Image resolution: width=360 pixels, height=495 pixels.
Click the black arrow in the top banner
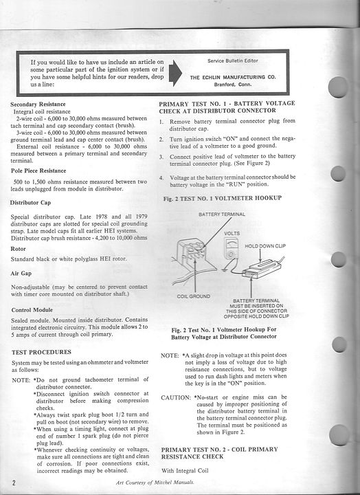pyautogui.click(x=175, y=73)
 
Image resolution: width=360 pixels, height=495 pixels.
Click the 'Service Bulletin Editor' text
pyautogui.click(x=232, y=60)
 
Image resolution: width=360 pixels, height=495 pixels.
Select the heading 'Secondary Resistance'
pyautogui.click(x=38, y=104)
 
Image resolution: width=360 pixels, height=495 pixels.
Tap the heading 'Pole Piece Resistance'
pyautogui.click(x=38, y=170)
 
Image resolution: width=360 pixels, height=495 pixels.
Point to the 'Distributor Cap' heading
pyautogui.click(x=30, y=203)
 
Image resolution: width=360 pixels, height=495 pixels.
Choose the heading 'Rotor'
pyautogui.click(x=18, y=249)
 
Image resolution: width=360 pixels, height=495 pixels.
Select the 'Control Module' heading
pyautogui.click(x=32, y=310)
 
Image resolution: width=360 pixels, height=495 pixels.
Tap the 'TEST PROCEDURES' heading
pyautogui.click(x=41, y=352)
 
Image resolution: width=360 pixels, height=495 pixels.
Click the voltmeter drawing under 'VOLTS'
pyautogui.click(x=231, y=248)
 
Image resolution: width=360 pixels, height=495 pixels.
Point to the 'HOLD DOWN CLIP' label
pyautogui.click(x=265, y=246)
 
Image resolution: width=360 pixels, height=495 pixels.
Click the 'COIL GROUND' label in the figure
pyautogui.click(x=194, y=296)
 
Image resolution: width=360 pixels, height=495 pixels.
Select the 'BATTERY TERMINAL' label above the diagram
pyautogui.click(x=222, y=214)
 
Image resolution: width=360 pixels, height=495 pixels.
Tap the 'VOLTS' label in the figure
pyautogui.click(x=232, y=233)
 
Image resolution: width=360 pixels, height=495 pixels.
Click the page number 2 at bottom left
pyautogui.click(x=14, y=483)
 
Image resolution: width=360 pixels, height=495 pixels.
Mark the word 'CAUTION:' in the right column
pyautogui.click(x=176, y=398)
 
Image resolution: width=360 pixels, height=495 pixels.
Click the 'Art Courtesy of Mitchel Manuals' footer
pyautogui.click(x=155, y=483)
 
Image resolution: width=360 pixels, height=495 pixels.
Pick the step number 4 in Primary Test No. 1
pyautogui.click(x=161, y=178)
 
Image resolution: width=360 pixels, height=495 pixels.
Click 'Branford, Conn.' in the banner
pyautogui.click(x=233, y=85)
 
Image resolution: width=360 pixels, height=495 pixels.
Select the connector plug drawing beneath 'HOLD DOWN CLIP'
pyautogui.click(x=262, y=269)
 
